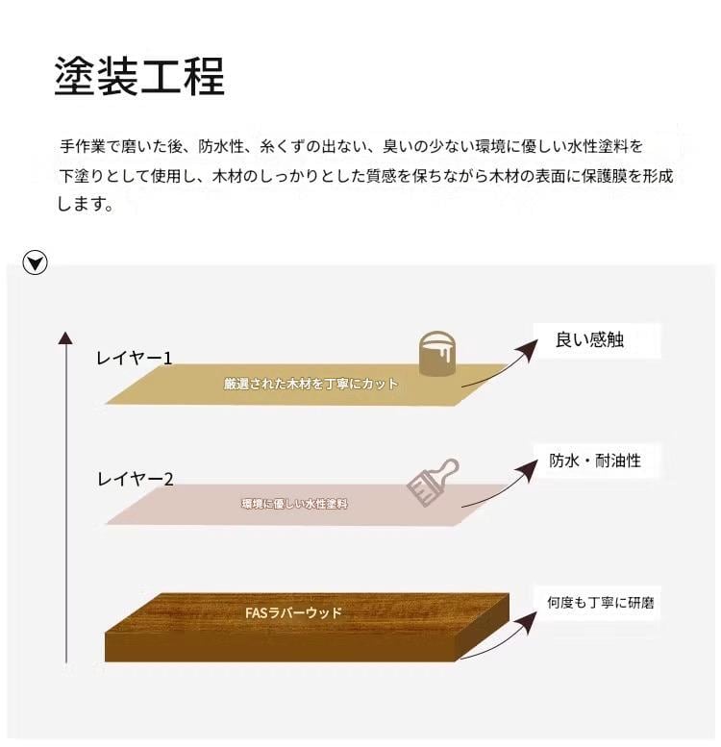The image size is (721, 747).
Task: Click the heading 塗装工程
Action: pos(140,77)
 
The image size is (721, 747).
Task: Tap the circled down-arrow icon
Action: pos(36,261)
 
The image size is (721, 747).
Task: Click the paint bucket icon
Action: pos(437,353)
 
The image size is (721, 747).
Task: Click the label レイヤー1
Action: pos(134,359)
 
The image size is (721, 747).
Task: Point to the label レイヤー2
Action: pos(135,478)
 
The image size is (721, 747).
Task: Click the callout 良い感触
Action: pos(589,339)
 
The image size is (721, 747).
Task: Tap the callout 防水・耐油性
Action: pos(595,461)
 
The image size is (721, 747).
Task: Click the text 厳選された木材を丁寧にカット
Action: pos(311,384)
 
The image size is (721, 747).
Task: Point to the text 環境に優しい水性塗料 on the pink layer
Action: pos(294,503)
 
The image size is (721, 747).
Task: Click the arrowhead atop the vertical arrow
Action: pos(64,337)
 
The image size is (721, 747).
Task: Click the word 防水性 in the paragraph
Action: pos(223,147)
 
